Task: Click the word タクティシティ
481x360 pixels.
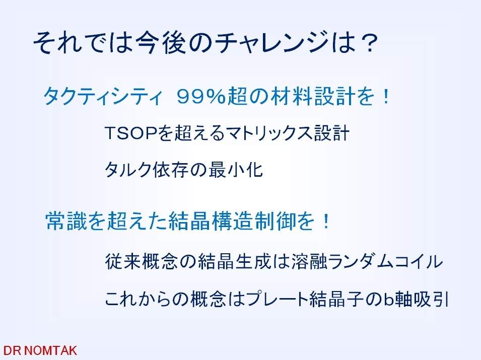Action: tap(102, 96)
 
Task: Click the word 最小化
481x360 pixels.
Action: tap(236, 170)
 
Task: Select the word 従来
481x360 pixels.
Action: tap(123, 262)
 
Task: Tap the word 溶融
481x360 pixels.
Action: tap(310, 262)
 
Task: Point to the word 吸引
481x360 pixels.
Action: tap(431, 299)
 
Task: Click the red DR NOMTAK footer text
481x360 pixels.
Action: tap(40, 350)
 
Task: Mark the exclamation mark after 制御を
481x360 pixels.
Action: tap(325, 222)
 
